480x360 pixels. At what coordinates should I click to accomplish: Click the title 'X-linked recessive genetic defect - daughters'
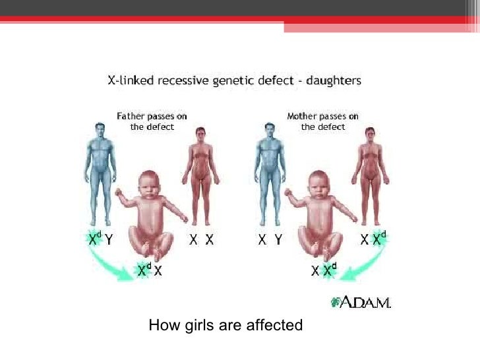[234, 82]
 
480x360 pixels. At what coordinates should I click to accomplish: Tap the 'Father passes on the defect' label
[152, 121]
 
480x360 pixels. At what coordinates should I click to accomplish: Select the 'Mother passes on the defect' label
[322, 121]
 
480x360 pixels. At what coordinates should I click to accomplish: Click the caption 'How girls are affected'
[225, 325]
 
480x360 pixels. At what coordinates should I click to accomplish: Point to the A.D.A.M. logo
[361, 303]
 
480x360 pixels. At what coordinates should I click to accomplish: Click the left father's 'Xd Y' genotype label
[101, 240]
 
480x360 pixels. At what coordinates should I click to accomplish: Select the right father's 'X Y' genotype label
[270, 240]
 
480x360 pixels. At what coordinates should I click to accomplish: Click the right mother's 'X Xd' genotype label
[372, 240]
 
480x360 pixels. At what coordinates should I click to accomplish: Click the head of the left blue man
[100, 132]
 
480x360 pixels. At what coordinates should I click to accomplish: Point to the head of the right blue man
[268, 132]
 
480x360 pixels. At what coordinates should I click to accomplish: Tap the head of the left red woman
[200, 135]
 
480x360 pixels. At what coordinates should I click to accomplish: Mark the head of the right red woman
[371, 135]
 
